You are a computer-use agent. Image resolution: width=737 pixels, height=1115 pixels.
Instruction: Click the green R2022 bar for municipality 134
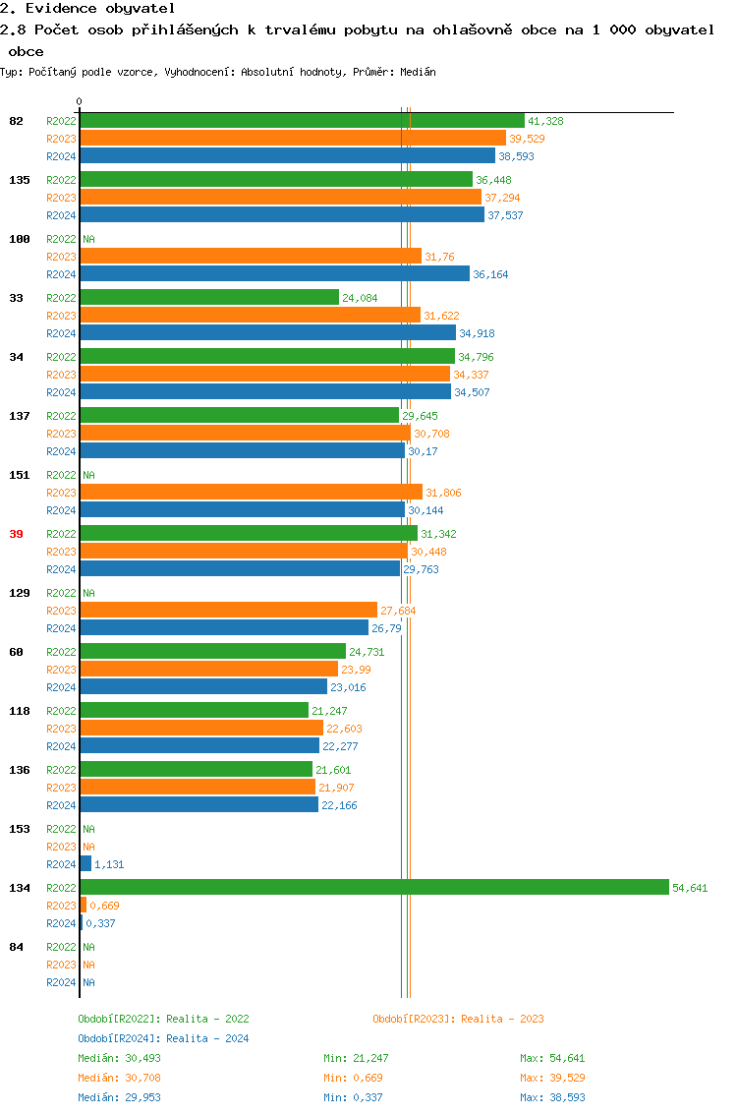(x=373, y=887)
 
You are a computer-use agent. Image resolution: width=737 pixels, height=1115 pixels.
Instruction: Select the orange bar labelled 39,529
(x=293, y=139)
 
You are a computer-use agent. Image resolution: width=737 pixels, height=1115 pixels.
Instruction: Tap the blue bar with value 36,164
(x=274, y=274)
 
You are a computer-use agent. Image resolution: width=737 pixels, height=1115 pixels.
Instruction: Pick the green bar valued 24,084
(x=208, y=297)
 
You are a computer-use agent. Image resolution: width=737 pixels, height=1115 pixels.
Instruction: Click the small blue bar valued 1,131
(x=85, y=863)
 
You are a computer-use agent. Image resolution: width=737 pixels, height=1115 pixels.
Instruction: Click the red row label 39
(x=16, y=534)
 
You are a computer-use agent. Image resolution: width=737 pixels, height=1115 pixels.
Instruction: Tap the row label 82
(x=16, y=121)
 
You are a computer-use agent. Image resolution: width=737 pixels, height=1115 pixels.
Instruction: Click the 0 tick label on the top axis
(x=80, y=101)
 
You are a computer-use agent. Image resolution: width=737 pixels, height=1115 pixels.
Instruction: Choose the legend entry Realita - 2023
(x=458, y=1019)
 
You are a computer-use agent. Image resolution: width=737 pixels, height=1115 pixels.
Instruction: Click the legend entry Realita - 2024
(x=163, y=1038)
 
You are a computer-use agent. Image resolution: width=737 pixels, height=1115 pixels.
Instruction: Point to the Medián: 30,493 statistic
(x=119, y=1058)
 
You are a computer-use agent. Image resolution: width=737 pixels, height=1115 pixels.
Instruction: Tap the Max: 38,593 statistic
(x=552, y=1097)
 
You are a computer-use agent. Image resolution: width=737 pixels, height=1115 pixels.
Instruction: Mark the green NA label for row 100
(x=88, y=239)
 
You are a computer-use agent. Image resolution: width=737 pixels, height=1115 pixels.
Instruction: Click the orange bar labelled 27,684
(x=228, y=610)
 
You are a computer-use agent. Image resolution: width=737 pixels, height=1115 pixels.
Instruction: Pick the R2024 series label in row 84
(x=61, y=982)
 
